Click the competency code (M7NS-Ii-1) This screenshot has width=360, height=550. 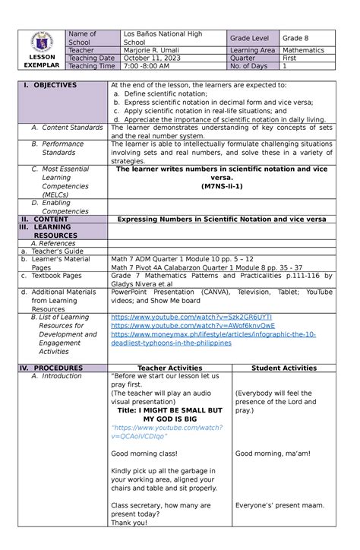[222, 185]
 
